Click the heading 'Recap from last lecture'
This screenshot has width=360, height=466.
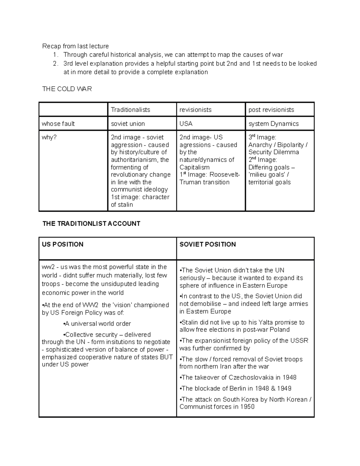[x=75, y=46]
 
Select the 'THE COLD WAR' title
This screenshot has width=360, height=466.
[x=67, y=89]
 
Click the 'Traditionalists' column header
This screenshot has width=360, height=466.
[x=130, y=110]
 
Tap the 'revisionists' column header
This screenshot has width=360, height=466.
[x=195, y=110]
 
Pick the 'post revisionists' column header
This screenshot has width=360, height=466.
[x=271, y=110]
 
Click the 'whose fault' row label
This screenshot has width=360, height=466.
[x=58, y=124]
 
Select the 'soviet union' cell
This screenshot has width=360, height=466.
[x=128, y=124]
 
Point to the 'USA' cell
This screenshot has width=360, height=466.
[x=186, y=124]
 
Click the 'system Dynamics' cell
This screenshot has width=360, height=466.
[x=274, y=124]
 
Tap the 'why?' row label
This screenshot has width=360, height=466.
[x=49, y=137]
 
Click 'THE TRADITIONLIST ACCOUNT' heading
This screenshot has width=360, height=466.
[x=91, y=224]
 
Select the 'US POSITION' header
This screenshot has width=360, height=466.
[x=63, y=244]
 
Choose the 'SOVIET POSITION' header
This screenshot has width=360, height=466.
[x=208, y=244]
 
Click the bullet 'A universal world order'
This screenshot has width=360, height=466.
[x=97, y=324]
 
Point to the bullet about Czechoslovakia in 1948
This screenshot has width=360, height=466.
[x=238, y=377]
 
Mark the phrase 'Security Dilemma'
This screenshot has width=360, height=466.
[x=274, y=152]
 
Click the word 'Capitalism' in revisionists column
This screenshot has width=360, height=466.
[x=194, y=167]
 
